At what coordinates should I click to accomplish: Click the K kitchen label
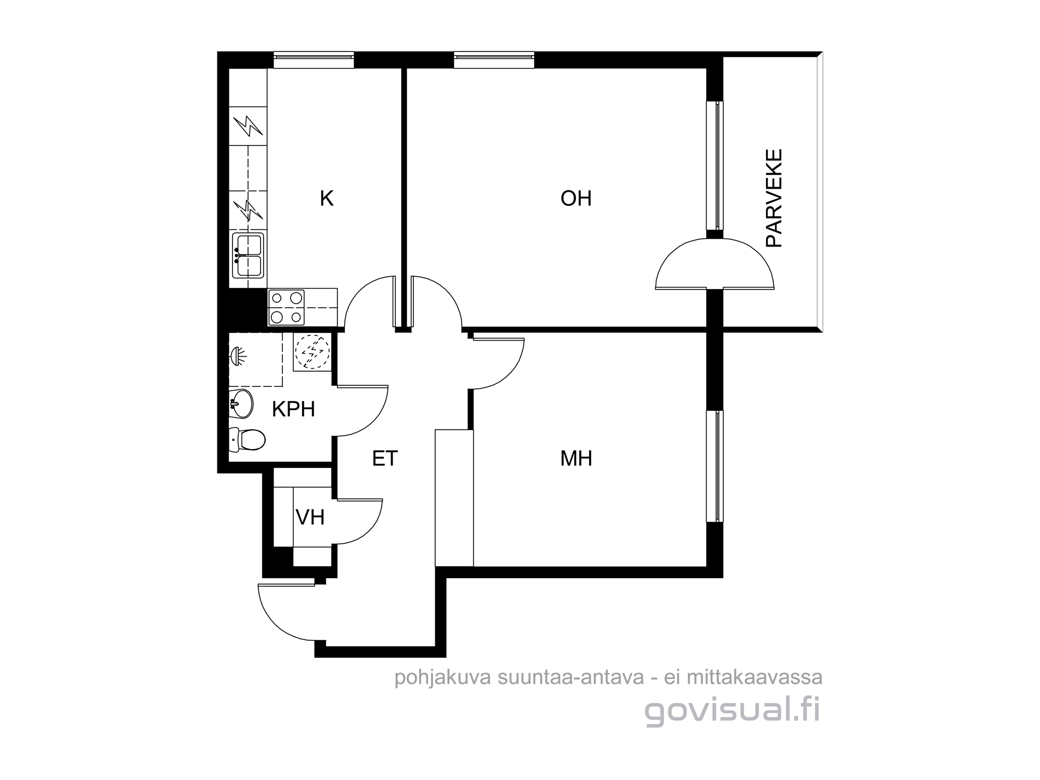327,198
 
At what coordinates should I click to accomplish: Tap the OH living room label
576,198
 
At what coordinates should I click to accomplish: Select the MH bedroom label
576,458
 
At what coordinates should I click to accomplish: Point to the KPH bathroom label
293,409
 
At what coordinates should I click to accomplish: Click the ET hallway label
385,458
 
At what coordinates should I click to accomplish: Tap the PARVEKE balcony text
774,198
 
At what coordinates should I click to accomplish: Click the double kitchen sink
248,255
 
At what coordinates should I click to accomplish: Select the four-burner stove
286,307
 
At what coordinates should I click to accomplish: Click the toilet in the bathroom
248,439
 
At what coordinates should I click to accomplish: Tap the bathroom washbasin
241,403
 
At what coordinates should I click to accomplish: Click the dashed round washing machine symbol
312,352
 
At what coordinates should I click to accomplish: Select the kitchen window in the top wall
314,60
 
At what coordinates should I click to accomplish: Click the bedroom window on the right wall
714,466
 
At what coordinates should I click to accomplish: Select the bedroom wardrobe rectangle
454,498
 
